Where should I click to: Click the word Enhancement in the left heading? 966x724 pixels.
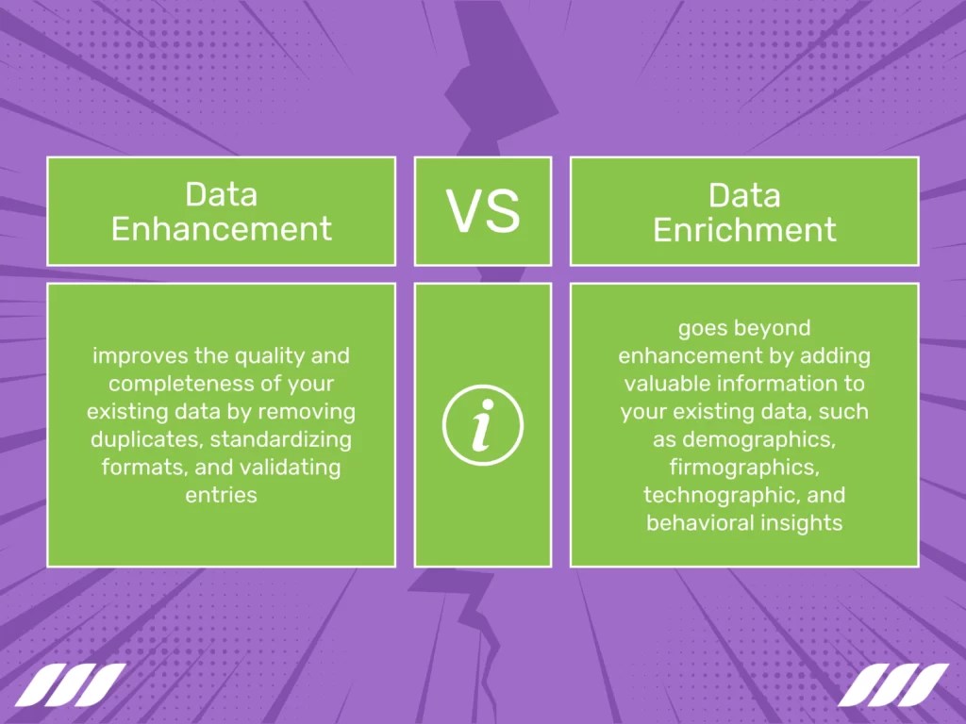pos(221,229)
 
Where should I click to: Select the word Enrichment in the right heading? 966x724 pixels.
pos(744,229)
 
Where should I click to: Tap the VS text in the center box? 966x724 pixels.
pos(483,212)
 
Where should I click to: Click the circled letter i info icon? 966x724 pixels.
pos(483,425)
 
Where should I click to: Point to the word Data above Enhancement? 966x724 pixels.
pos(221,194)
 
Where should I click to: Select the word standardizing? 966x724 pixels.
pos(280,439)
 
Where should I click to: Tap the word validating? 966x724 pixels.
pos(294,467)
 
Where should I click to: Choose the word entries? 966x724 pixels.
pos(221,494)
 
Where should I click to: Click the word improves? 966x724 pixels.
pos(134,356)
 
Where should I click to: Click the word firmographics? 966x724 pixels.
pos(744,467)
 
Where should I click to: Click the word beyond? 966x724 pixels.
pos(773,328)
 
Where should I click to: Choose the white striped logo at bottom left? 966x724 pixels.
pos(70,684)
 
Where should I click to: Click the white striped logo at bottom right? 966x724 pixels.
pos(893,684)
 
